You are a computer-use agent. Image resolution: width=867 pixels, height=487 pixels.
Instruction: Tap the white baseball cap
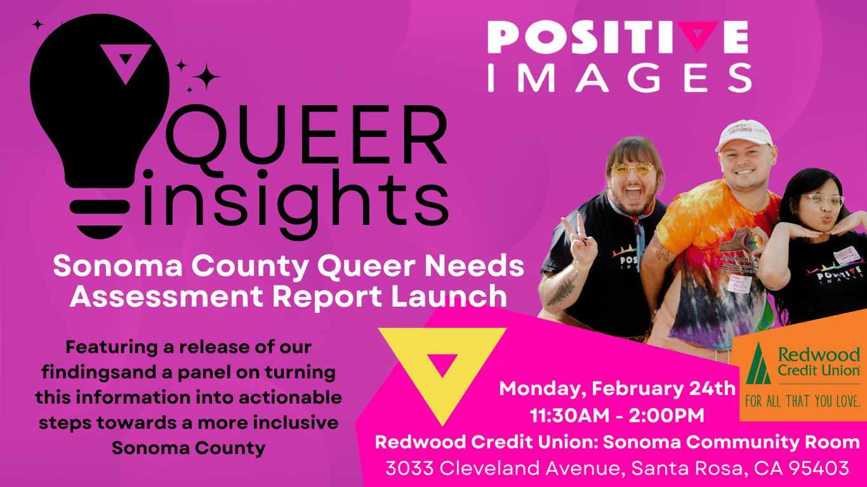click(x=744, y=134)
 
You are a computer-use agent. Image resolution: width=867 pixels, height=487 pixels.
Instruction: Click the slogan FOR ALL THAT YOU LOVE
click(x=803, y=401)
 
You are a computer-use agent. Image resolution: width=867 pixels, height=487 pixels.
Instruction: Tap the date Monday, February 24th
click(x=617, y=388)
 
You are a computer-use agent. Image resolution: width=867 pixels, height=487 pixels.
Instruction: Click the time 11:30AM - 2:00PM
click(x=617, y=415)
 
